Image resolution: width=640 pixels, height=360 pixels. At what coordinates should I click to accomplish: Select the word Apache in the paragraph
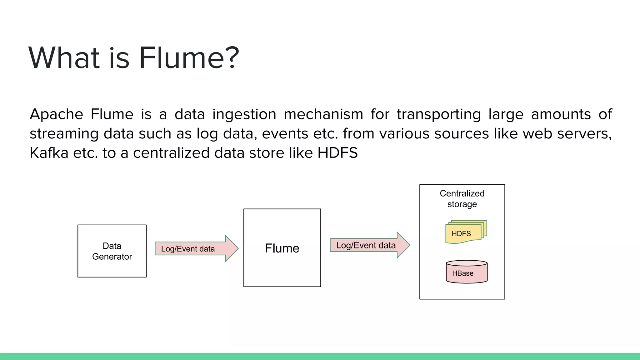click(56, 114)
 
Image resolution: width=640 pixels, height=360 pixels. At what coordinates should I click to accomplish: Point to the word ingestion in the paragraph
click(244, 114)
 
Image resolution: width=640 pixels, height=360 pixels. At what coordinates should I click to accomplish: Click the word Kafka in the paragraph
click(49, 153)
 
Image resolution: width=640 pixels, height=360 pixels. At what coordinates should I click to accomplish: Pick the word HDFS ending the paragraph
click(337, 153)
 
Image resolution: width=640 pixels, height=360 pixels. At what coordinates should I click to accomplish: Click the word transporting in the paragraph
click(439, 114)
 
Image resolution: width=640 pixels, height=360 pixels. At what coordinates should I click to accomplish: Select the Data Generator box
click(112, 251)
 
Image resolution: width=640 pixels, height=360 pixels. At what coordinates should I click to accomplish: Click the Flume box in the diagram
click(282, 248)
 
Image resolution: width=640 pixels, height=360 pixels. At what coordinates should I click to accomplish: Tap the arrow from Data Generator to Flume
click(196, 249)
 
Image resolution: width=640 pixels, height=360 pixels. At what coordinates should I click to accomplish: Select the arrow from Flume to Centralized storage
click(370, 245)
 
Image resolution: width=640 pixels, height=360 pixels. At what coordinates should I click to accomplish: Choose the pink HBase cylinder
click(466, 272)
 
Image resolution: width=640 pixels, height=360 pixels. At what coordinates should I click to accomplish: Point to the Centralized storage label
click(462, 199)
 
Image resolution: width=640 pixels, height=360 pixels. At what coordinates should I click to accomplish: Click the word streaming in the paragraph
click(64, 134)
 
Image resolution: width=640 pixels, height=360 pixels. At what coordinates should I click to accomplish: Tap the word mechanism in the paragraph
click(323, 114)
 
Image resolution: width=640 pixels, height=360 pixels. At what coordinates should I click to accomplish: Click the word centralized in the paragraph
click(171, 153)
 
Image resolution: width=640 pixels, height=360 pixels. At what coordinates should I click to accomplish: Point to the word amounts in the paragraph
click(561, 114)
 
